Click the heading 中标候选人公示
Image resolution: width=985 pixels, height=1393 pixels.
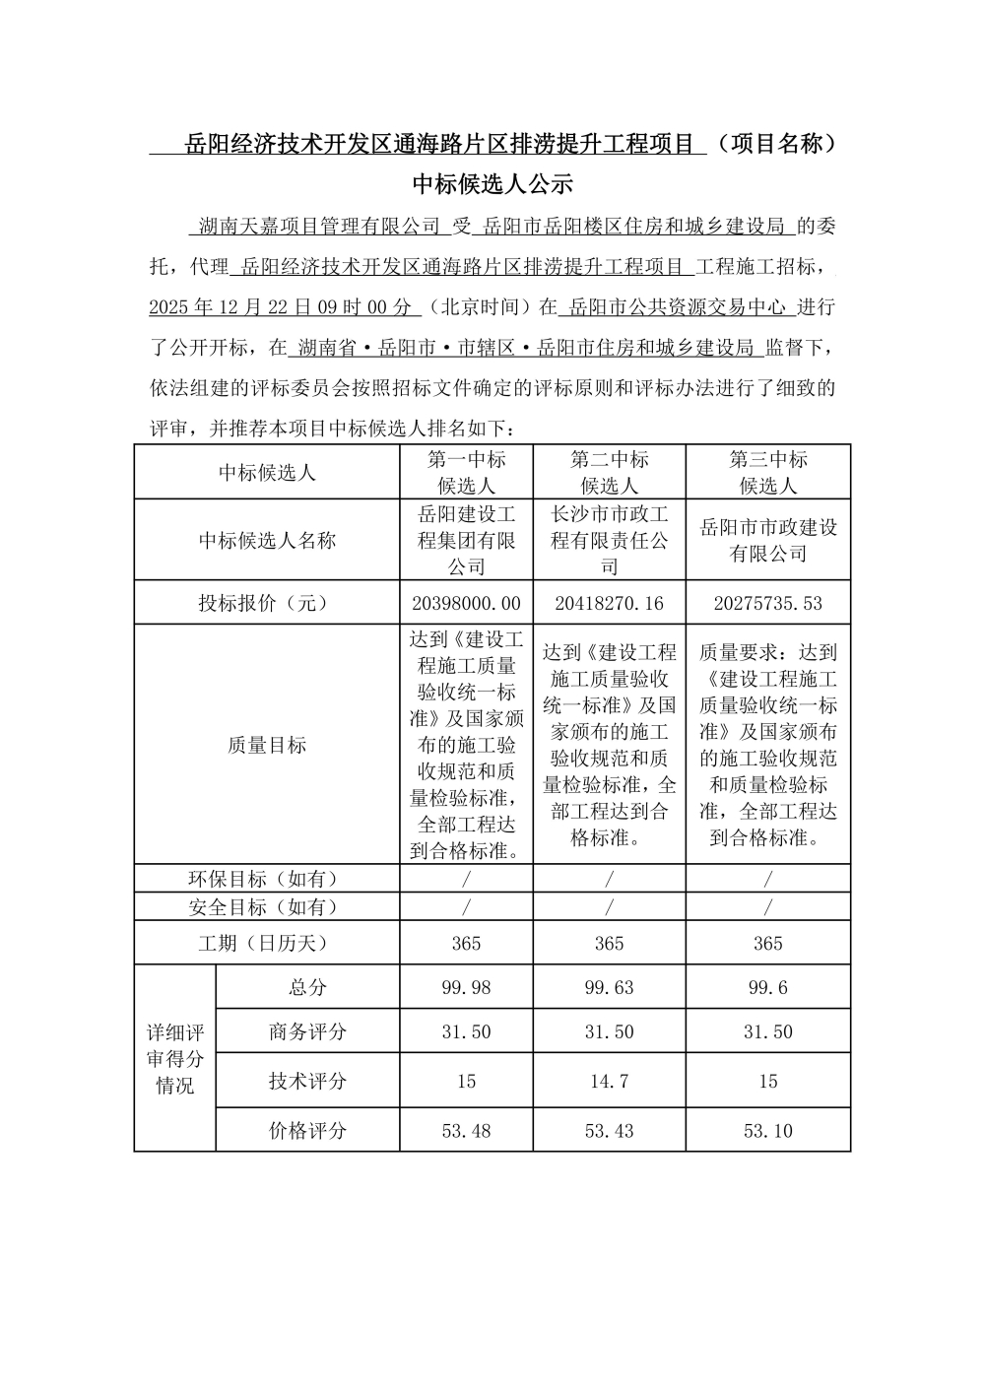pyautogui.click(x=492, y=184)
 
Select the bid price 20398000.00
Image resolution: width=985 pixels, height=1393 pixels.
pyautogui.click(x=466, y=603)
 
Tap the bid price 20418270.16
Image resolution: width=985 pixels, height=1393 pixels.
pyautogui.click(x=609, y=603)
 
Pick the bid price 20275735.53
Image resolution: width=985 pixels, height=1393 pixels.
pyautogui.click(x=767, y=603)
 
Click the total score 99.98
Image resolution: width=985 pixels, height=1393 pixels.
pyautogui.click(x=466, y=987)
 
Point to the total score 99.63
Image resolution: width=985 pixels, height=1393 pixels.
pyautogui.click(x=609, y=987)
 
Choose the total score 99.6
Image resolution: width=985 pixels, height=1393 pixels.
pyautogui.click(x=767, y=987)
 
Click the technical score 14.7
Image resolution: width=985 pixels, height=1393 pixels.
pyautogui.click(x=609, y=1081)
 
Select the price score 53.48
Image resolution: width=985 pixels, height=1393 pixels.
pyautogui.click(x=466, y=1131)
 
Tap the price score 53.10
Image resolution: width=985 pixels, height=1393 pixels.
pyautogui.click(x=767, y=1131)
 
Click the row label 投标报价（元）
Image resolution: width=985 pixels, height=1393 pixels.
pyautogui.click(x=267, y=603)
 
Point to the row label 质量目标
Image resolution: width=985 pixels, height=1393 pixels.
pyautogui.click(x=267, y=745)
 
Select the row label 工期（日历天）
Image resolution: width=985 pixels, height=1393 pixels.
pyautogui.click(x=267, y=943)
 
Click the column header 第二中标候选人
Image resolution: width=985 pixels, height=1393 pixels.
pyautogui.click(x=609, y=472)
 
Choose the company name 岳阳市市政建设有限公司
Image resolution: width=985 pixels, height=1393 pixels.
pyautogui.click(x=767, y=540)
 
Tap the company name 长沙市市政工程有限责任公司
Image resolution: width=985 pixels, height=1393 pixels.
pyautogui.click(x=609, y=540)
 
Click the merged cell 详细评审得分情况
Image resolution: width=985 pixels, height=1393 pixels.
pyautogui.click(x=175, y=1058)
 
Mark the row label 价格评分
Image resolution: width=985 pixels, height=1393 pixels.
pyautogui.click(x=307, y=1131)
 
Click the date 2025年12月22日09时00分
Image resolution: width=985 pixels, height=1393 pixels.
pyautogui.click(x=280, y=307)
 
